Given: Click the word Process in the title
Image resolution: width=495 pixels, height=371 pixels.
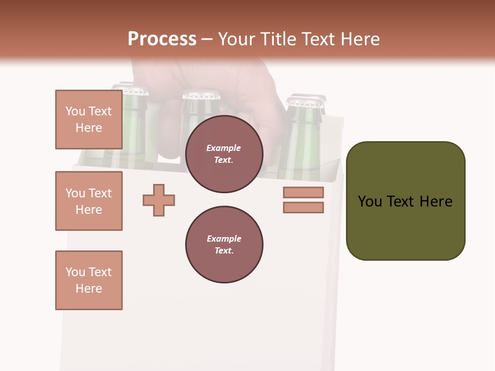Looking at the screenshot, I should [162, 39].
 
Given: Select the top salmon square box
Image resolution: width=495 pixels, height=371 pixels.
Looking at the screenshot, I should [89, 120].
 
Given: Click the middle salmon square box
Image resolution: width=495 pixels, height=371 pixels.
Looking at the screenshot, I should [89, 201].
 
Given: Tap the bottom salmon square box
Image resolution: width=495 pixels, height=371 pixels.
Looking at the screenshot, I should [89, 280].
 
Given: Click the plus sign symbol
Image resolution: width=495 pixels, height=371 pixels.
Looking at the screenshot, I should [159, 200].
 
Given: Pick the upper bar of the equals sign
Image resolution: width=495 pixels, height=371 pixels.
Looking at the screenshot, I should [303, 192].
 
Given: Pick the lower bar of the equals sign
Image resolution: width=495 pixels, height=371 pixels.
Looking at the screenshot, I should [303, 208].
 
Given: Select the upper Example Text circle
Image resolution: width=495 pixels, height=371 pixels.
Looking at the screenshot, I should [224, 154].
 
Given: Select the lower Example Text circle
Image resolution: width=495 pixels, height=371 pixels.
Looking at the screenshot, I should [224, 244].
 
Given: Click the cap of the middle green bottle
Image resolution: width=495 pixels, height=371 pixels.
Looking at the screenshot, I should [201, 95].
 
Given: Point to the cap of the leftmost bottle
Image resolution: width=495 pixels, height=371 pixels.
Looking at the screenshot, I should [133, 90].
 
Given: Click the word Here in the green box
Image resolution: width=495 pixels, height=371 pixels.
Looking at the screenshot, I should [436, 201].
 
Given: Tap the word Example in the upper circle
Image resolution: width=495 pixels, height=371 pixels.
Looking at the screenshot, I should [223, 148].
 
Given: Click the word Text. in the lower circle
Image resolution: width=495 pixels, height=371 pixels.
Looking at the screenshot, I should [224, 250].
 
